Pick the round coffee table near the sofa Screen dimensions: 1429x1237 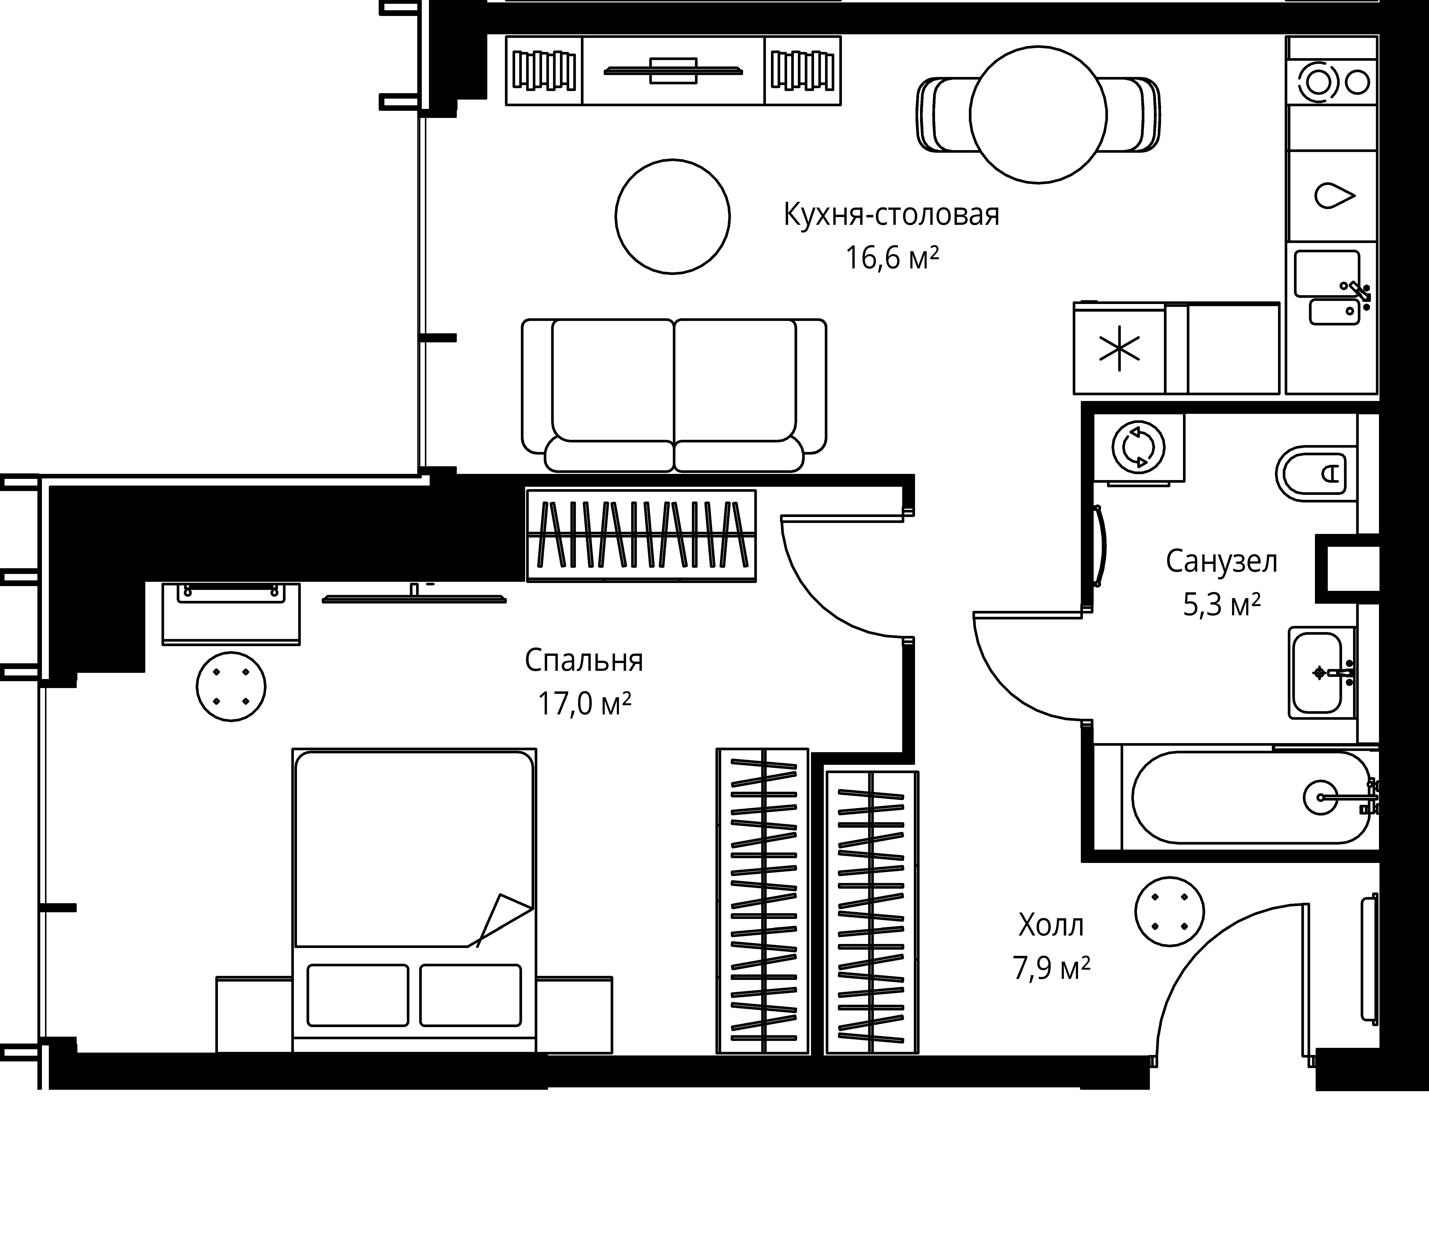click(x=673, y=217)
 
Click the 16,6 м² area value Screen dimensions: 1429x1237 click(x=892, y=258)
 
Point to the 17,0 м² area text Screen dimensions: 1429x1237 click(x=584, y=704)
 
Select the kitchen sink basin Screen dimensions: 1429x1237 click(x=1327, y=273)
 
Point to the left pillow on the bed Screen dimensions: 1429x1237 click(x=357, y=995)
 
